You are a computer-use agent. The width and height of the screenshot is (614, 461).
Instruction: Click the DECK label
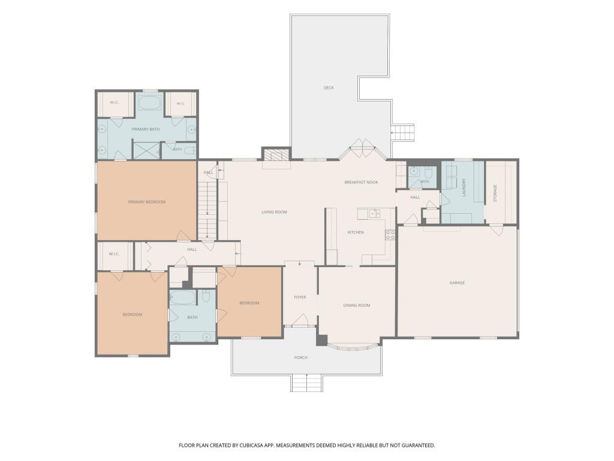tap(329, 88)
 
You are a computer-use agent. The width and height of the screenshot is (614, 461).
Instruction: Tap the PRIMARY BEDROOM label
tap(146, 202)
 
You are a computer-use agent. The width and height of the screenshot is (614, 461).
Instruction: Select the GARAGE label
tap(457, 283)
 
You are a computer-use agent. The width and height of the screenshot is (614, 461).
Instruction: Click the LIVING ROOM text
tap(274, 212)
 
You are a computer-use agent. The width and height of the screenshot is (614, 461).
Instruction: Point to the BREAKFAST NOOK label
tap(361, 182)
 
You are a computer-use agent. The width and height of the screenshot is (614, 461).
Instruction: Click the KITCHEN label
tap(356, 232)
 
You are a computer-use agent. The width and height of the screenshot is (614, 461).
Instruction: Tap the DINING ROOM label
tap(356, 306)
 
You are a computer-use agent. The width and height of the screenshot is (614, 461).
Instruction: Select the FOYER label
tap(300, 297)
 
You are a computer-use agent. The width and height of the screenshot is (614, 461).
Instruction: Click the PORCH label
tap(301, 358)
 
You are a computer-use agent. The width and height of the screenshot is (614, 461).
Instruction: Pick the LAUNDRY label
tap(464, 187)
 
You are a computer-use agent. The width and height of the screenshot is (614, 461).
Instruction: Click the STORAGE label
tap(495, 193)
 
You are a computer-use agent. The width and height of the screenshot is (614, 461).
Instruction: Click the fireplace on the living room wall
tap(276, 155)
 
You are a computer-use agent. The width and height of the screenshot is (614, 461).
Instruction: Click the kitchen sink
tap(374, 213)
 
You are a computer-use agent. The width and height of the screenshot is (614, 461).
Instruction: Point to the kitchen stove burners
tap(390, 235)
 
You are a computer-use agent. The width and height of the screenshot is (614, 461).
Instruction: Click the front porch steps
tap(306, 382)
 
